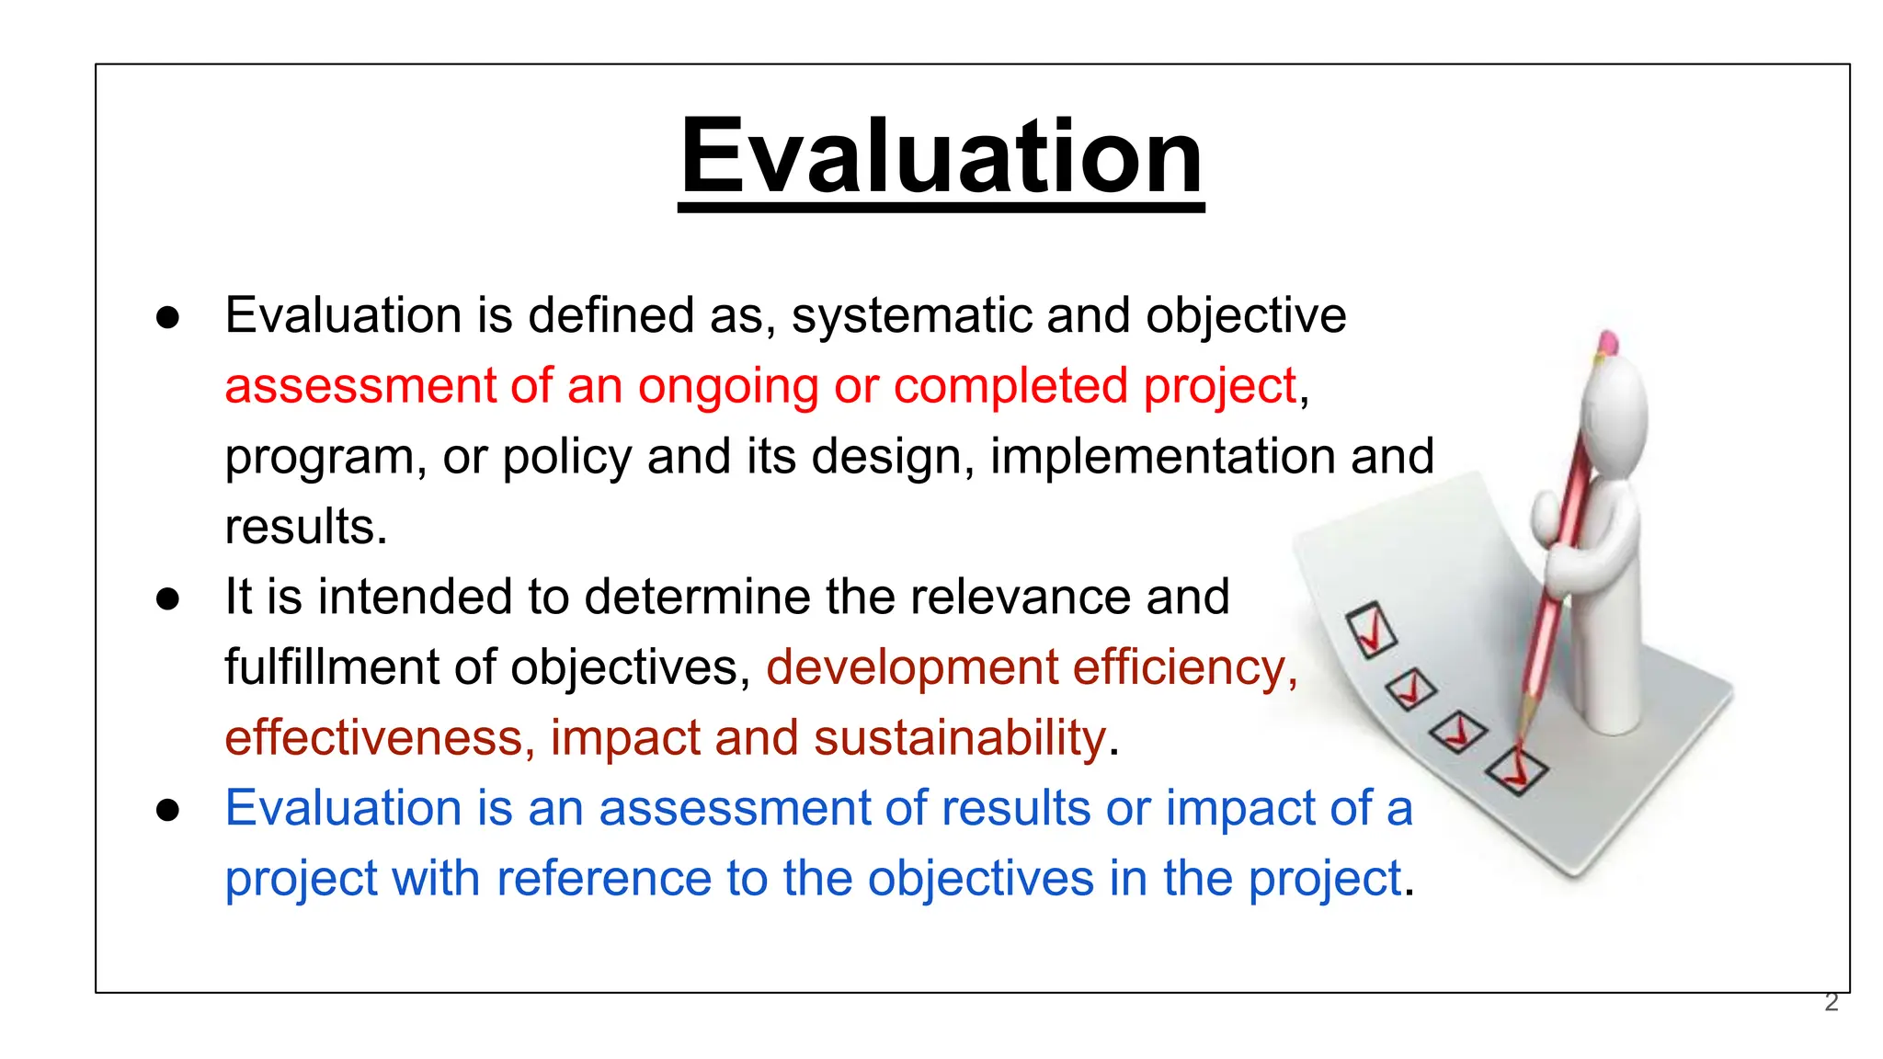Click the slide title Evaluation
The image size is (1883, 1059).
pyautogui.click(x=941, y=156)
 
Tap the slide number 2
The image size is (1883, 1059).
pyautogui.click(x=1831, y=1002)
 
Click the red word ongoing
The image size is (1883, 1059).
pyautogui.click(x=727, y=387)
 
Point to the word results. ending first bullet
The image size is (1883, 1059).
pyautogui.click(x=305, y=527)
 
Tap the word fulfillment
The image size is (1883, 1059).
pyautogui.click(x=331, y=667)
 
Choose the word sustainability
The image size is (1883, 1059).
pyautogui.click(x=959, y=738)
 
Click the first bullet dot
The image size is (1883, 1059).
pyautogui.click(x=167, y=317)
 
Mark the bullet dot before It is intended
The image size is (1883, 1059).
pyautogui.click(x=167, y=598)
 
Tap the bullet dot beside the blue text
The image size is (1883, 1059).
pyautogui.click(x=167, y=810)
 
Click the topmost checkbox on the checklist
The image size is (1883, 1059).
pyautogui.click(x=1371, y=630)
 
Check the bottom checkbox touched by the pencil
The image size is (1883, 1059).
pyautogui.click(x=1516, y=770)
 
